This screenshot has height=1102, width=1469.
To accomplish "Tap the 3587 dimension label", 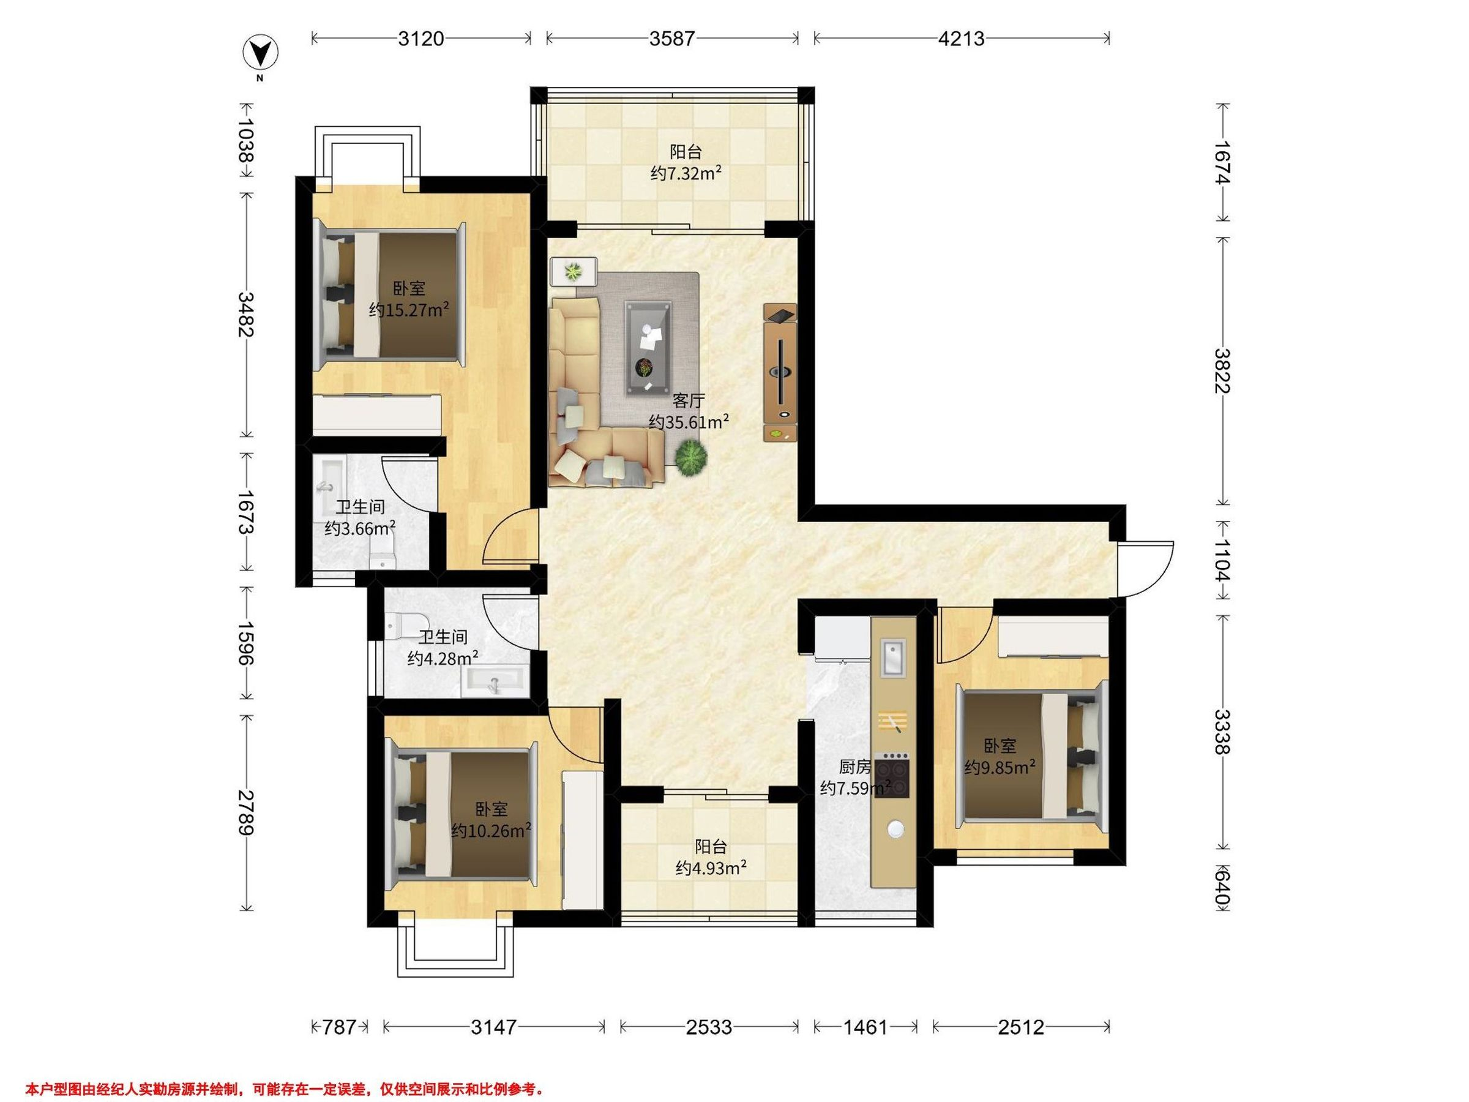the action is pyautogui.click(x=671, y=39).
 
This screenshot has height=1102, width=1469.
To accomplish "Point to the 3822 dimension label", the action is pyautogui.click(x=1222, y=370).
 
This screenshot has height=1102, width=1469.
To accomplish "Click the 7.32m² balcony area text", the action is pyautogui.click(x=686, y=174).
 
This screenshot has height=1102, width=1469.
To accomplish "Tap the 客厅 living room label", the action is pyautogui.click(x=688, y=400).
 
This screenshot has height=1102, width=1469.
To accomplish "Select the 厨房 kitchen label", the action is pyautogui.click(x=854, y=767).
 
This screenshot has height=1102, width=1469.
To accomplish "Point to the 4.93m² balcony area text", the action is pyautogui.click(x=711, y=868).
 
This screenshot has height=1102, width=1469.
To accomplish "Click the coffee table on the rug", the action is pyautogui.click(x=648, y=348).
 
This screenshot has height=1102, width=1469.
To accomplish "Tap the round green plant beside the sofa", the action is pyautogui.click(x=691, y=458).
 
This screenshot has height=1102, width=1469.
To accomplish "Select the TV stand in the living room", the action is pyautogui.click(x=780, y=372).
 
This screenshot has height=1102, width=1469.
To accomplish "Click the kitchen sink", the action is pyautogui.click(x=892, y=657).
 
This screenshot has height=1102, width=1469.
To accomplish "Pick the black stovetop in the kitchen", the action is pyautogui.click(x=892, y=774).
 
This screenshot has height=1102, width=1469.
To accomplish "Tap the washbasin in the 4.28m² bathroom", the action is pyautogui.click(x=495, y=682).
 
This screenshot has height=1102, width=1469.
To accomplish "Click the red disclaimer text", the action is pyautogui.click(x=285, y=1071).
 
